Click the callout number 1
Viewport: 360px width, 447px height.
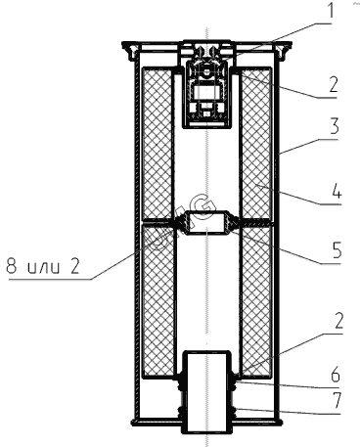point(331,10)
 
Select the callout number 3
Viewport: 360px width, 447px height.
point(334,126)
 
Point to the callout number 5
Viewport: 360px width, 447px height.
point(336,249)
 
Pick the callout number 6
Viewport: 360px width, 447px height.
point(336,375)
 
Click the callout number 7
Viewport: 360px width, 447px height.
point(336,400)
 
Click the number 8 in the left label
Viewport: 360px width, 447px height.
point(13,266)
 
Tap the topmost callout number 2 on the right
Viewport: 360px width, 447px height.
point(333,84)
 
